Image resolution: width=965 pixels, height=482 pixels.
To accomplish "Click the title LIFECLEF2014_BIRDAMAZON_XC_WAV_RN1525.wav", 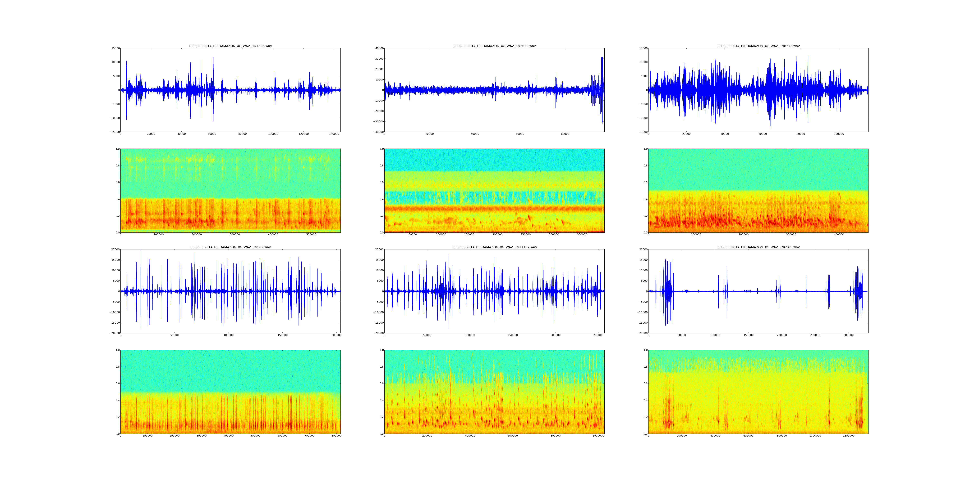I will (230, 46).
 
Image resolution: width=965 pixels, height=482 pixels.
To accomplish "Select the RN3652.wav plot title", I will (494, 46).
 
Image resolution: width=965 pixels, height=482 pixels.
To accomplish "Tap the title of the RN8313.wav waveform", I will (758, 46).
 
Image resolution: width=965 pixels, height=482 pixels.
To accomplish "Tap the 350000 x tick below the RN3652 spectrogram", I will (582, 235).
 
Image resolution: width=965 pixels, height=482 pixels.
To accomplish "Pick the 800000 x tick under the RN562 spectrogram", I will (336, 436).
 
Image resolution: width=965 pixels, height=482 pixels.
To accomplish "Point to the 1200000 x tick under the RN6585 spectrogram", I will (849, 436).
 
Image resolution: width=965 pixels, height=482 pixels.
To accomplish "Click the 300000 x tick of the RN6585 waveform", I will (849, 335).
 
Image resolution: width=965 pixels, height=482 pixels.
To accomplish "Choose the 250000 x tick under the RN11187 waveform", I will (598, 335).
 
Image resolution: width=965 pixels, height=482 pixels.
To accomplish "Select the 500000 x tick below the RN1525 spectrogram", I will (311, 235).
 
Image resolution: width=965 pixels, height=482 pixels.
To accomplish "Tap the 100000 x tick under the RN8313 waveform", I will (839, 134).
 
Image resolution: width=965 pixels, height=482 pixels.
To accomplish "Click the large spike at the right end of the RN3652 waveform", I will (602, 90).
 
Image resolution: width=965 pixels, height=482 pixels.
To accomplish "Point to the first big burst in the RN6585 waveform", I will (667, 291).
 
